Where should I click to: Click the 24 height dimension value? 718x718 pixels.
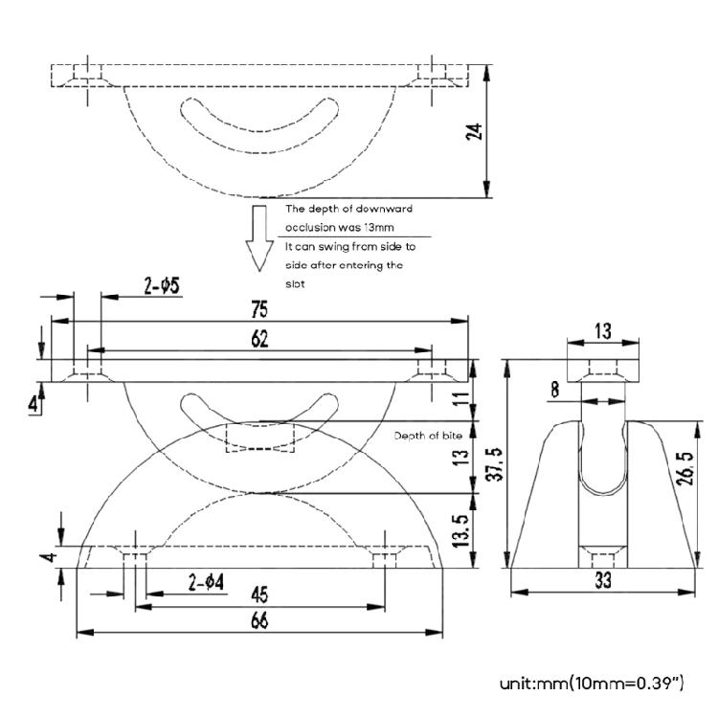tap(473, 131)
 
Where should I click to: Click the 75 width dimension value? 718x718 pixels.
tap(259, 309)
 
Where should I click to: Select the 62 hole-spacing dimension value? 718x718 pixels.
tap(259, 339)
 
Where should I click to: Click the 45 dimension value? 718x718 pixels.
tap(259, 592)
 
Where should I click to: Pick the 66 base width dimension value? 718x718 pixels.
tap(259, 620)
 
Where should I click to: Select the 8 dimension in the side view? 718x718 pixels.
tap(557, 390)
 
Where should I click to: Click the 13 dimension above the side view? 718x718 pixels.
tap(602, 331)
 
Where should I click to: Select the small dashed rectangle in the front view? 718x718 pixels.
tap(258, 437)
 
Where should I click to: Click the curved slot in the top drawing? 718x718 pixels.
tap(259, 125)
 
